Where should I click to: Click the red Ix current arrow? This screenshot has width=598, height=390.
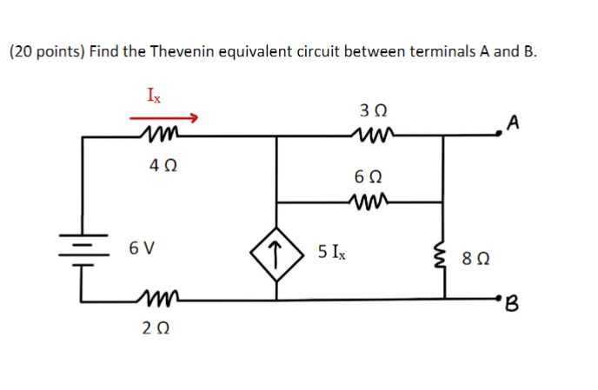[x=165, y=117]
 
